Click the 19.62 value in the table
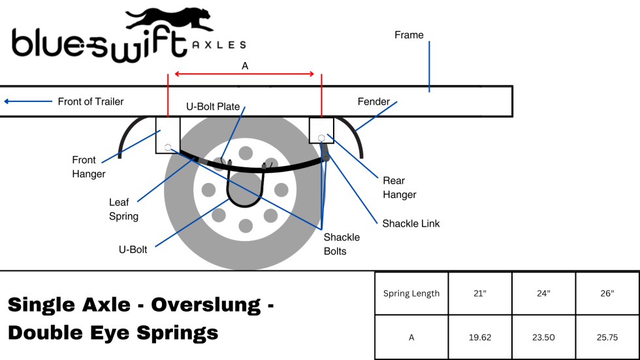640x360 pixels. (480, 337)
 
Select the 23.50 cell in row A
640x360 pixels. (543, 337)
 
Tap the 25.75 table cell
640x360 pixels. (607, 337)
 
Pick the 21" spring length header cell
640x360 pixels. (480, 293)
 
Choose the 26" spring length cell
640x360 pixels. (607, 293)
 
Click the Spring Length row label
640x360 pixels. (411, 293)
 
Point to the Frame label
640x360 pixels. (409, 35)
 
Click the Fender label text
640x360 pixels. (374, 101)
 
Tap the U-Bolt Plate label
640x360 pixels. (213, 106)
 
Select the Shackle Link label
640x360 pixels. (411, 223)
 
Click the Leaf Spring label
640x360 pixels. (123, 209)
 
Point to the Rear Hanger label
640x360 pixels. (399, 188)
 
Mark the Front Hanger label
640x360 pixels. (88, 167)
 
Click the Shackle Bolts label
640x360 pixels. (342, 244)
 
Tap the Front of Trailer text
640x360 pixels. (90, 101)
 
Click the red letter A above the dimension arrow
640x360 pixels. (245, 66)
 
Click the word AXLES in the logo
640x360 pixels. (219, 45)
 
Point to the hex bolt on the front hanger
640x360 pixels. (168, 147)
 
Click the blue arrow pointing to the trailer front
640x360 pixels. (27, 101)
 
